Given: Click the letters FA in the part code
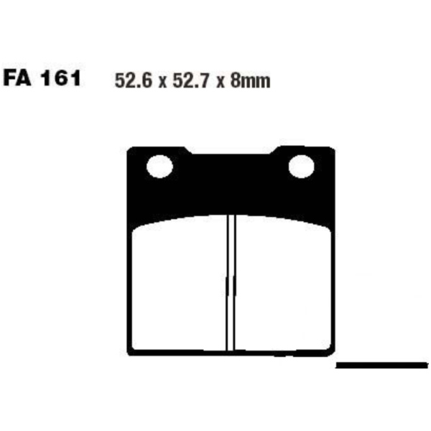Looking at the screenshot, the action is (x=17, y=78).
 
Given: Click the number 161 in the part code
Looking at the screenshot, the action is (x=61, y=78).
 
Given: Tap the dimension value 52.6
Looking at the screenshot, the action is (x=134, y=80).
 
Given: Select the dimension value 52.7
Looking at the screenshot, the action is (x=191, y=80).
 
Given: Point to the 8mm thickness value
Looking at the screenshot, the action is (x=251, y=80).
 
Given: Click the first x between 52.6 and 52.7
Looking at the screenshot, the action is (x=162, y=83).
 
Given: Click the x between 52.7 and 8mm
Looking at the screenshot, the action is (x=221, y=83).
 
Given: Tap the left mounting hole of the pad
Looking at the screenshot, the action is (x=159, y=167).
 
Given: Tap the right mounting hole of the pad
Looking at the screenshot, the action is (x=302, y=167).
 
